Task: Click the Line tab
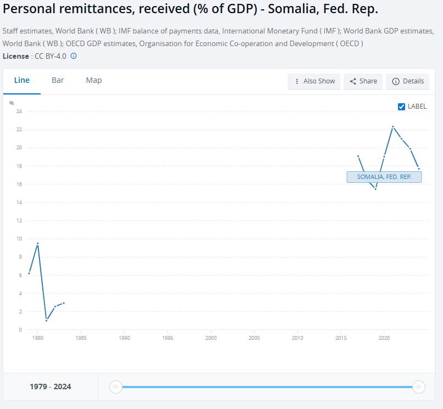[22, 81]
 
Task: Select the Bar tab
[58, 81]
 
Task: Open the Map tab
[94, 81]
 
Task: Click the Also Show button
[314, 81]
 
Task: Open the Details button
[407, 81]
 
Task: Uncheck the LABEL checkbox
[401, 107]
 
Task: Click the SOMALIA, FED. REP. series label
[384, 177]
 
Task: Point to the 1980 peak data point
[37, 243]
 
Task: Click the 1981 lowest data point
[46, 321]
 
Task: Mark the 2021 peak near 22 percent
[392, 127]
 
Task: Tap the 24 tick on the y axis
[19, 111]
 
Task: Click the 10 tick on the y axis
[19, 239]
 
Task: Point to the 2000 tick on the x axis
[211, 338]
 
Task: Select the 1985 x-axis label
[81, 338]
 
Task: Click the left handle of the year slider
[115, 387]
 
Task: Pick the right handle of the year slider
[418, 387]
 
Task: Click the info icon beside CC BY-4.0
[74, 56]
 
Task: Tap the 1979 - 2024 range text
[50, 387]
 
